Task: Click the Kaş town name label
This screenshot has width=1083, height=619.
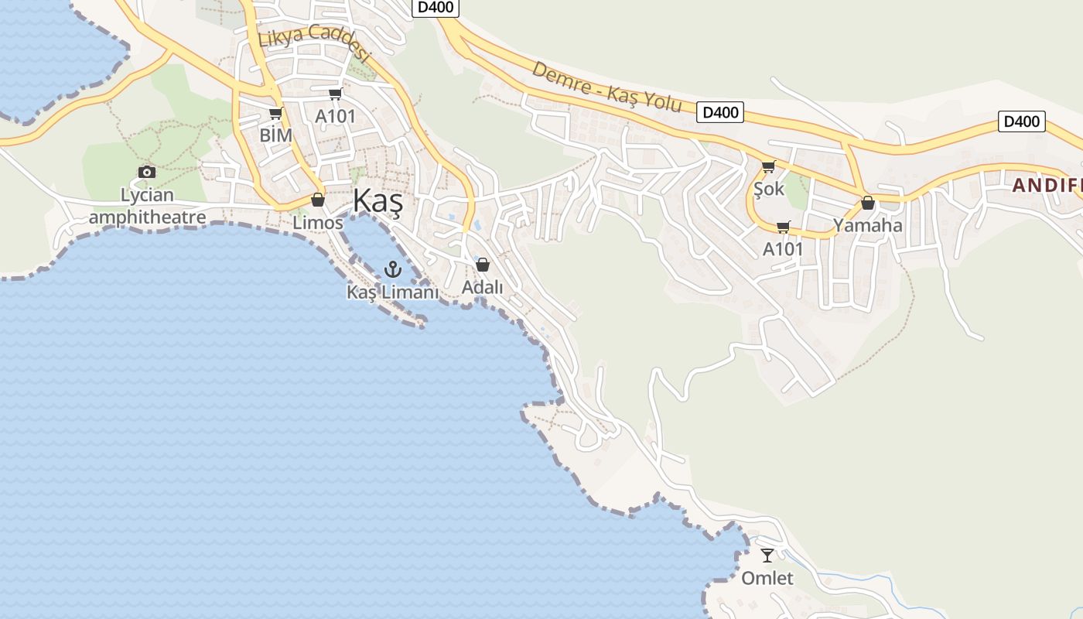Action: point(378,201)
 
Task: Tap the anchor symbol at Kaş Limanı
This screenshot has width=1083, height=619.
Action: point(393,269)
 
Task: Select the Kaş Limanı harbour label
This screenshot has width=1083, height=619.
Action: point(392,292)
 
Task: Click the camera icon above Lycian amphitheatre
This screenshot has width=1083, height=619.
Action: point(147,172)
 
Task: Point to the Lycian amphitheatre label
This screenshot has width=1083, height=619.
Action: point(147,206)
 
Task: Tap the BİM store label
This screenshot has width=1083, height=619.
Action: point(276,135)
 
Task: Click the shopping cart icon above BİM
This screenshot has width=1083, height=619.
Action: point(275,114)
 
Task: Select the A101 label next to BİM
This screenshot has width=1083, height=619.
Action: point(335,117)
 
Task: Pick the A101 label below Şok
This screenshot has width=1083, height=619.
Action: point(783,249)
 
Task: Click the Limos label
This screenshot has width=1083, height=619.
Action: point(317,223)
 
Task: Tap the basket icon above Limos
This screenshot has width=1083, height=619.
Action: point(317,200)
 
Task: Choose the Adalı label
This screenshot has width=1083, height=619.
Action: point(482,287)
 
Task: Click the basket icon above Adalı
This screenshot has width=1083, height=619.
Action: point(483,265)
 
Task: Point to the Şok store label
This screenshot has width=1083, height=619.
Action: point(768,189)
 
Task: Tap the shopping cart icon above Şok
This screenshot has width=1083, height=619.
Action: point(768,166)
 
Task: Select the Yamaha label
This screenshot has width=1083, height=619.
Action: point(867,226)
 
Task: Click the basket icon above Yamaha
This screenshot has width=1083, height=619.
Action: point(868,203)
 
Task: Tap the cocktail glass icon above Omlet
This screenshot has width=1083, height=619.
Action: point(767,555)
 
